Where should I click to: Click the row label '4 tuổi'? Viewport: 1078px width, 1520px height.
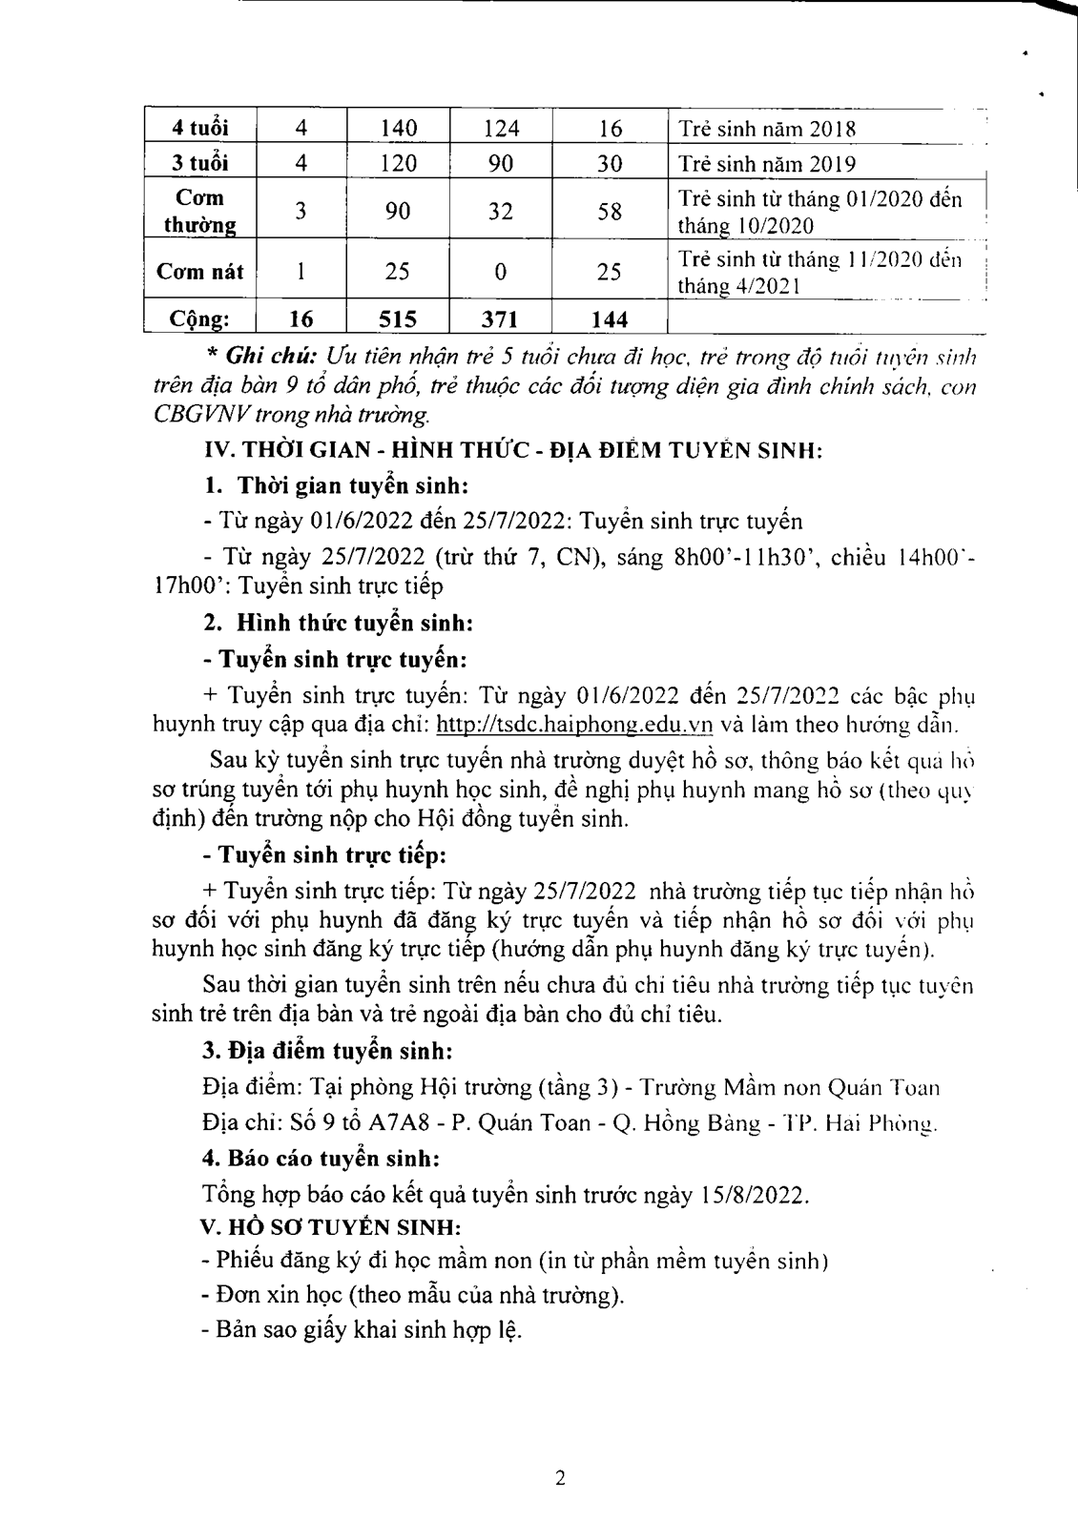pyautogui.click(x=199, y=128)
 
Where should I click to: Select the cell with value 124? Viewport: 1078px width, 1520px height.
pyautogui.click(x=500, y=128)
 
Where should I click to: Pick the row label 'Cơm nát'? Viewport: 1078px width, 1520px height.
pyautogui.click(x=199, y=272)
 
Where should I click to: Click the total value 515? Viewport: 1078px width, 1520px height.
pyautogui.click(x=398, y=318)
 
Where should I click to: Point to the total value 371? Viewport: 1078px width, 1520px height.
pyautogui.click(x=500, y=318)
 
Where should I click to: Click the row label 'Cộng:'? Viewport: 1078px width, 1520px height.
pyautogui.click(x=199, y=318)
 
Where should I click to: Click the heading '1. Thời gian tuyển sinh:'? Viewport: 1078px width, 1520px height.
pyautogui.click(x=336, y=485)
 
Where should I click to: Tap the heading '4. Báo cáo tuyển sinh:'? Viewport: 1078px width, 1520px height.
pyautogui.click(x=321, y=1159)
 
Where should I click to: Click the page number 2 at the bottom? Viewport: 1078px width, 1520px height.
pyautogui.click(x=560, y=1478)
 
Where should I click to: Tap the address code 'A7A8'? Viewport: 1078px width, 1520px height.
pyautogui.click(x=412, y=1122)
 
